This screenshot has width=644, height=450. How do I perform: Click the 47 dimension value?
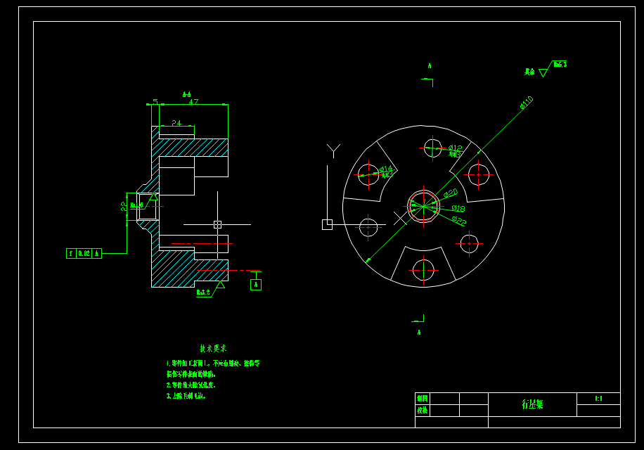pyautogui.click(x=193, y=102)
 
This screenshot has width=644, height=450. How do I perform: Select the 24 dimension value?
pyautogui.click(x=176, y=123)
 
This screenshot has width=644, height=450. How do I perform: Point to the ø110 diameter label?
pyautogui.click(x=527, y=103)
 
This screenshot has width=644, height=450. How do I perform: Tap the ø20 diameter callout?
pyautogui.click(x=451, y=193)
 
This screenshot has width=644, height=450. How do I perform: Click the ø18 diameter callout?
pyautogui.click(x=458, y=209)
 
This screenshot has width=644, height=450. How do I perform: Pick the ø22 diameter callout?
pyautogui.click(x=458, y=221)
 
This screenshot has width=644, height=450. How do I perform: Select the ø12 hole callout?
pyautogui.click(x=456, y=148)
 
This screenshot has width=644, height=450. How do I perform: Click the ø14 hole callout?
pyautogui.click(x=387, y=169)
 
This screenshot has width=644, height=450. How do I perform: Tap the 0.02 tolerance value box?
pyautogui.click(x=84, y=253)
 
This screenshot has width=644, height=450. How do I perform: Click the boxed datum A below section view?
pyautogui.click(x=255, y=285)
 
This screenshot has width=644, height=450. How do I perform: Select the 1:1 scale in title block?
pyautogui.click(x=598, y=399)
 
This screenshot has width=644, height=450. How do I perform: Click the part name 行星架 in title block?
pyautogui.click(x=532, y=404)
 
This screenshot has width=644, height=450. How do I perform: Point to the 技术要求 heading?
pyautogui.click(x=213, y=349)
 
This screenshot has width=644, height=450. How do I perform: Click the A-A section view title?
pyautogui.click(x=186, y=94)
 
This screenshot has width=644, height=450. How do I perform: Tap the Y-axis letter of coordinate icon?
pyautogui.click(x=333, y=149)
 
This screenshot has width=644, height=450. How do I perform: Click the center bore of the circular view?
pyautogui.click(x=423, y=206)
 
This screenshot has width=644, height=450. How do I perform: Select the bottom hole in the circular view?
pyautogui.click(x=423, y=270)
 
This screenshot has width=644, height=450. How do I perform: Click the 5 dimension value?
pyautogui.click(x=155, y=102)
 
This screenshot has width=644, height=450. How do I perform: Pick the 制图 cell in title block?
pyautogui.click(x=422, y=398)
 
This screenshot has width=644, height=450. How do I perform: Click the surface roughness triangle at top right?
pyautogui.click(x=543, y=72)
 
